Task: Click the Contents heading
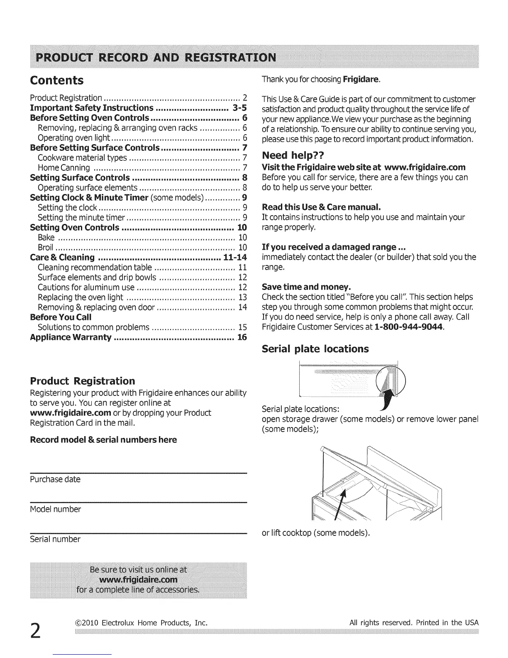click(x=57, y=80)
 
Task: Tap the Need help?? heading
click(x=293, y=155)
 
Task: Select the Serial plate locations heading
click(x=315, y=349)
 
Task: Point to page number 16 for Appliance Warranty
click(x=242, y=337)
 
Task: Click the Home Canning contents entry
click(x=64, y=168)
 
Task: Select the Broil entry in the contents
click(x=45, y=248)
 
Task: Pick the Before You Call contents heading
click(x=61, y=317)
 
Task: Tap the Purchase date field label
click(x=55, y=479)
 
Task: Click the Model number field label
click(x=56, y=509)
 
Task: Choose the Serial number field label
click(x=55, y=539)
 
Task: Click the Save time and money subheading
click(x=306, y=287)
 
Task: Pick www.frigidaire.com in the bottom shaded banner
click(x=139, y=579)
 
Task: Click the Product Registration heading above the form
click(x=83, y=381)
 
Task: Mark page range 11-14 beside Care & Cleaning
click(x=235, y=258)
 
